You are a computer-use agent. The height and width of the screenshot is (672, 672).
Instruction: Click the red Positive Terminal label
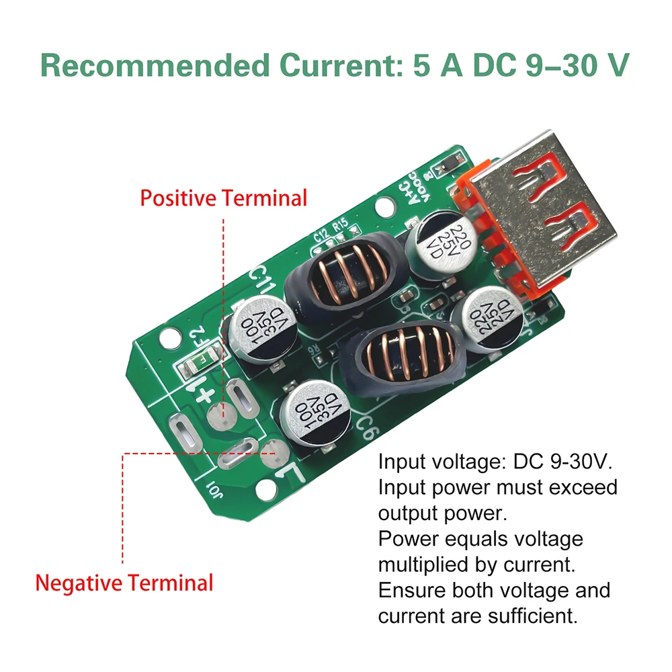coord(223,199)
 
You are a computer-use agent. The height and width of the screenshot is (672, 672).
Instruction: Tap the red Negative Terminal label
coord(124,582)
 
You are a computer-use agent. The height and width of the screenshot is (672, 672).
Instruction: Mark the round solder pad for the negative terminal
coord(272,451)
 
